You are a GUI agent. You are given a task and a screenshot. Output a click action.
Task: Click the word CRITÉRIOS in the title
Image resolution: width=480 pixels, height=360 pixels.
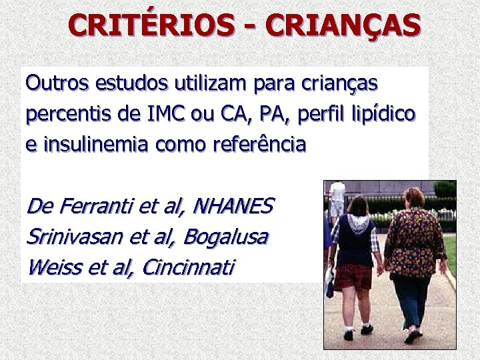[x=151, y=25]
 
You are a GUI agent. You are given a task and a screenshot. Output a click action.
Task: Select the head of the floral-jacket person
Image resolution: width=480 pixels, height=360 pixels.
[x=413, y=197]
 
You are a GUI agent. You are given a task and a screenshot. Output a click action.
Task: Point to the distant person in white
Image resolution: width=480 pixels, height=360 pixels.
[x=337, y=195]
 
